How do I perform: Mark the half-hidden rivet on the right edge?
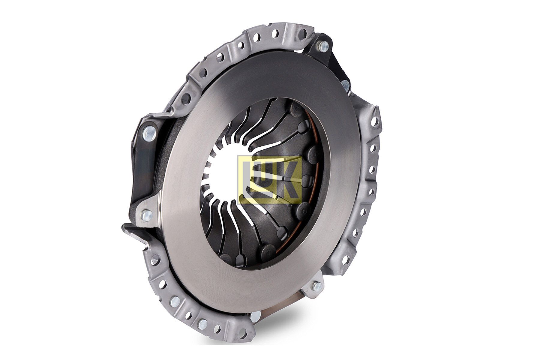(346, 85)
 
